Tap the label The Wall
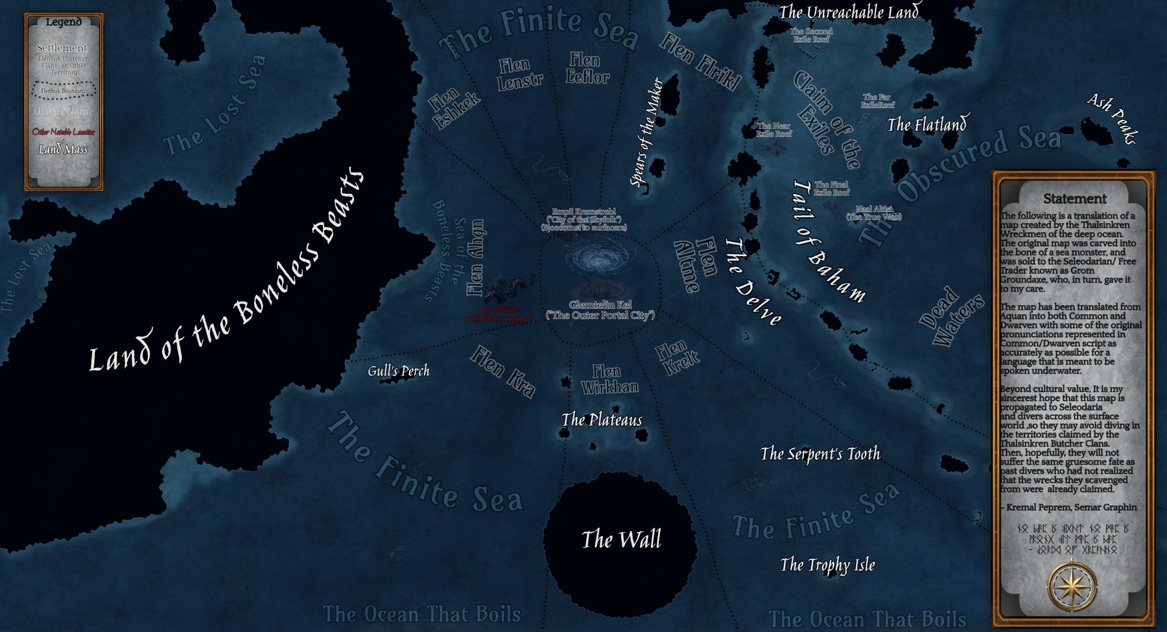tap(621, 539)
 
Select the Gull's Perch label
tap(398, 371)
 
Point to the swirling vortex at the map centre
tap(600, 260)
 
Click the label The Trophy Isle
tap(827, 565)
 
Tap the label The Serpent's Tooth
tap(820, 454)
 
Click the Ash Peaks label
tap(1113, 118)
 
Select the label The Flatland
tap(926, 124)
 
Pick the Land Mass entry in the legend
tap(63, 150)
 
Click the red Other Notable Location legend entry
tap(64, 132)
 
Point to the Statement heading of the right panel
tap(1074, 199)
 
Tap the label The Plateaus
tap(602, 420)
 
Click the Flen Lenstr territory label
tap(519, 73)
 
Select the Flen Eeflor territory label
tap(587, 69)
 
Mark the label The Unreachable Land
tap(849, 12)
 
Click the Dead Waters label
tap(951, 316)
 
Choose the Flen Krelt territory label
tap(677, 358)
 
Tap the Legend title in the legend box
tap(64, 22)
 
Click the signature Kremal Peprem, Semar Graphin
tap(1070, 507)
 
